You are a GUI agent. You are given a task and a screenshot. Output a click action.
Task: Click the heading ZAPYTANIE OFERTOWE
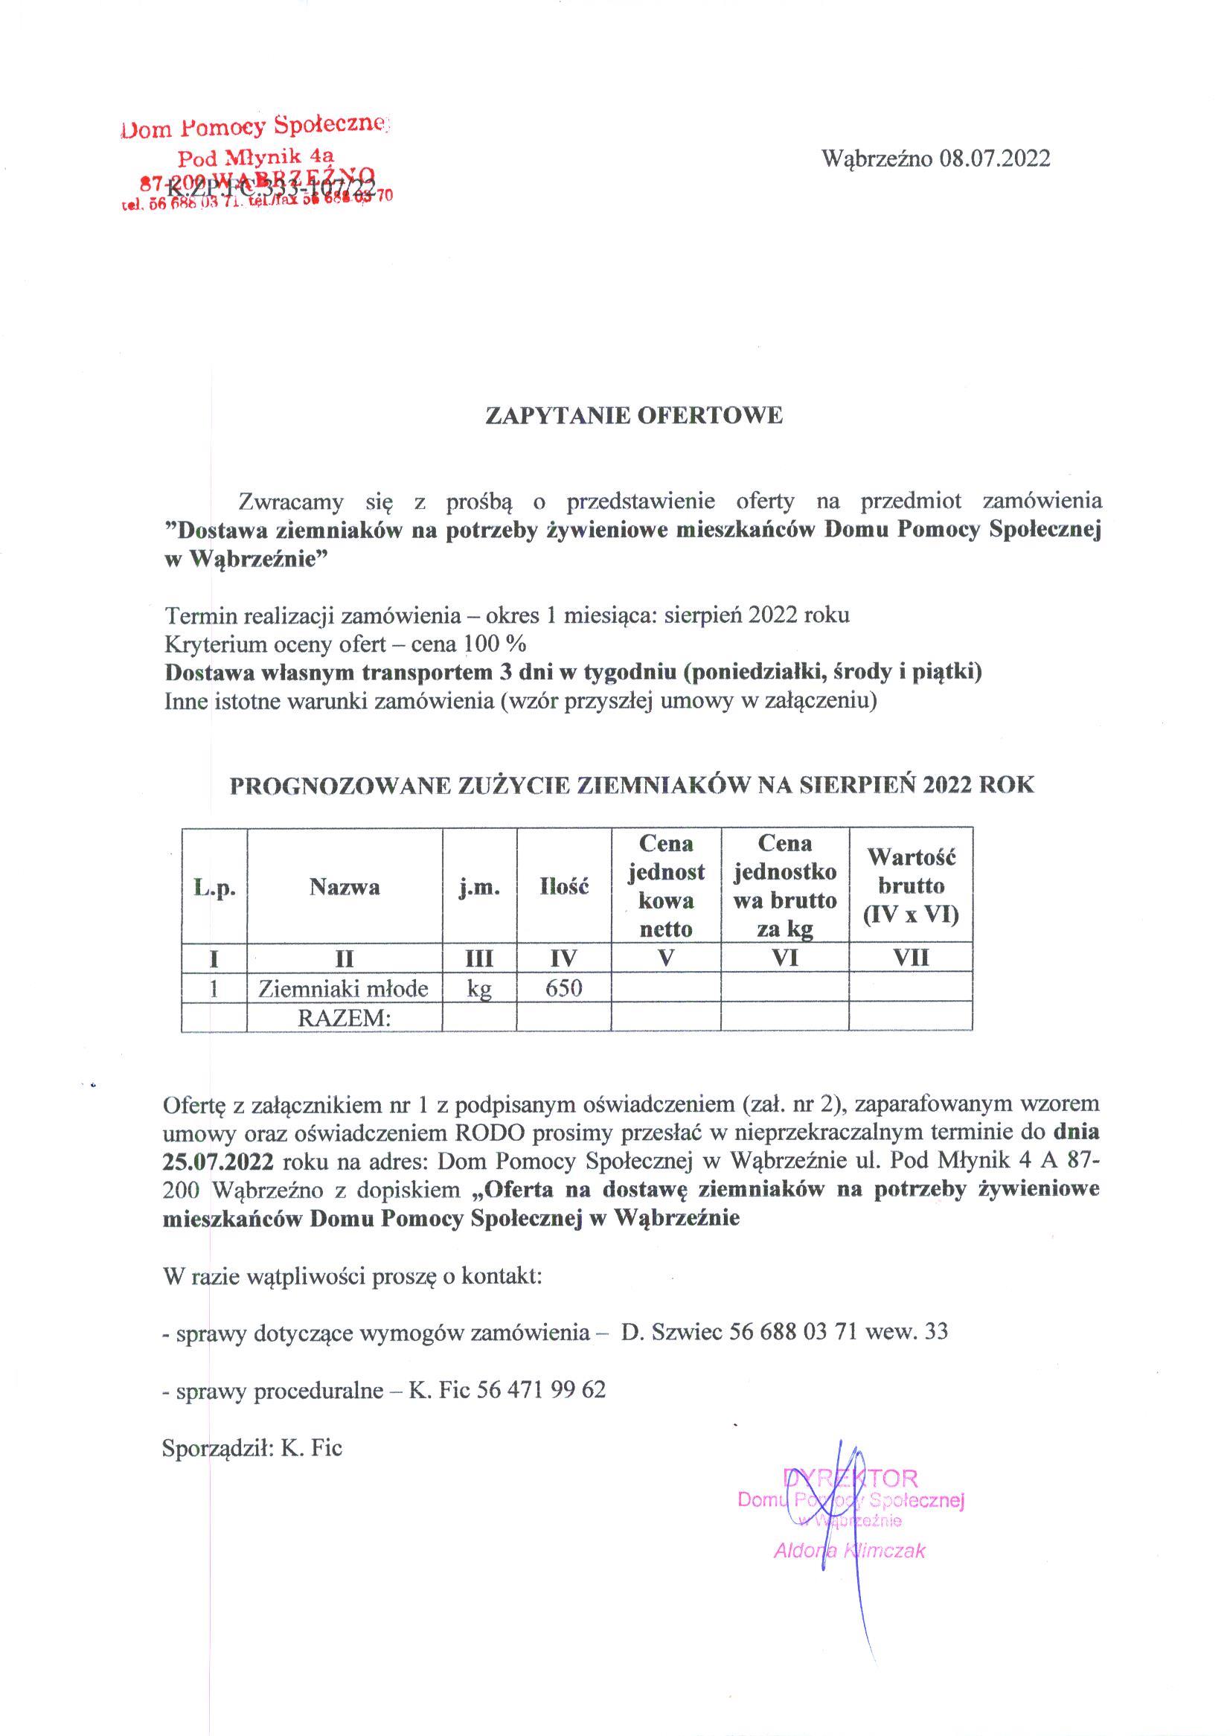(x=633, y=416)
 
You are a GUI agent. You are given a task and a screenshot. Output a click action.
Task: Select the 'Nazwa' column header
(x=345, y=887)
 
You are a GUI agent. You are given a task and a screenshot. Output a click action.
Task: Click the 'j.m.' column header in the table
(x=478, y=887)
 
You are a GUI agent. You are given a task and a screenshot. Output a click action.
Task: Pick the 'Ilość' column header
(x=563, y=887)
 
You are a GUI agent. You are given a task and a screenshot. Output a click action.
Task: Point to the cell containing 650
(x=563, y=987)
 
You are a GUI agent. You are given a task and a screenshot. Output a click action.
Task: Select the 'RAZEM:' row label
(x=345, y=1018)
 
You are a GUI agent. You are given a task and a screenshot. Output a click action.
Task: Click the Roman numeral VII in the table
(x=910, y=959)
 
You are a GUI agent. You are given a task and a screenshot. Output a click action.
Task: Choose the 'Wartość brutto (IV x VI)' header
(x=910, y=886)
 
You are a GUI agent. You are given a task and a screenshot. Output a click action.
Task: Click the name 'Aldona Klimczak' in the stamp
(x=849, y=1551)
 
